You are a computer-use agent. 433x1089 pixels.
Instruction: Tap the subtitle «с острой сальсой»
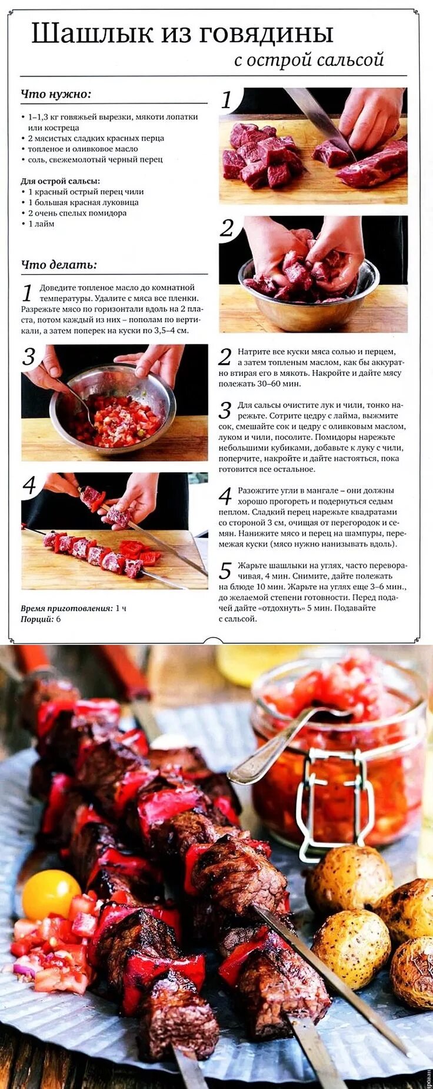point(309,60)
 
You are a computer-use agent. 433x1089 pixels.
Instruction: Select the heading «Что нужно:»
point(56,94)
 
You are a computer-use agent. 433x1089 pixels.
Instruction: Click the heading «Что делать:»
point(59,265)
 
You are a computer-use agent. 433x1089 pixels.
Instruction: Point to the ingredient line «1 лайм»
point(41,224)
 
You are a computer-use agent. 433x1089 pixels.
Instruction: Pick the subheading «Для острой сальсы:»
point(61,181)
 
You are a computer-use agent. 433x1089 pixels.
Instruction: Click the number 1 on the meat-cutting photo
point(227,100)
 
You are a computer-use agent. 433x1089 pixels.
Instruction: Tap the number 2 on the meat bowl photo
point(227,228)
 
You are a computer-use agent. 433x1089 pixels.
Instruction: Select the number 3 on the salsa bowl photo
point(29,357)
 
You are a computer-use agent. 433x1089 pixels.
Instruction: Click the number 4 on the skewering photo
point(29,485)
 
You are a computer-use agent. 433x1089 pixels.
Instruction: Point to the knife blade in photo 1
point(318,118)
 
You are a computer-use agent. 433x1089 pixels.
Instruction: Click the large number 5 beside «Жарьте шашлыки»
point(225,571)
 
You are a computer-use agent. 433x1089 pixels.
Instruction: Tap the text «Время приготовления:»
point(66,608)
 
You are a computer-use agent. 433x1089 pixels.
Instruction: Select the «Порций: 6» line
point(41,619)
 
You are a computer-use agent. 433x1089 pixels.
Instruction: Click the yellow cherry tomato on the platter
point(51,895)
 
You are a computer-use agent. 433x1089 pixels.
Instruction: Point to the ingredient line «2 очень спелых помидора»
point(77,213)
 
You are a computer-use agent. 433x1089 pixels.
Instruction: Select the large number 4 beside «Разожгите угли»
point(225,496)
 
